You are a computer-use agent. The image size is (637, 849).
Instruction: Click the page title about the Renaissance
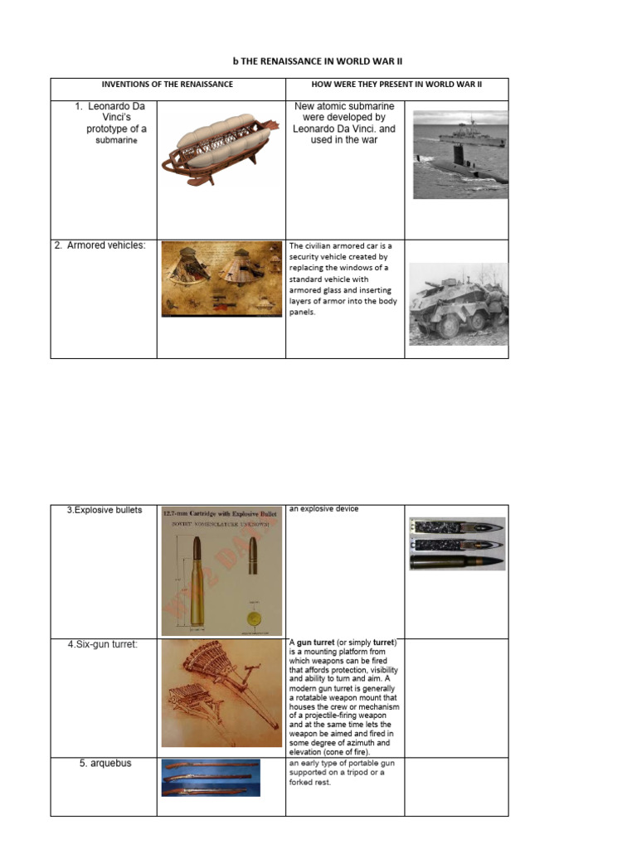click(318, 61)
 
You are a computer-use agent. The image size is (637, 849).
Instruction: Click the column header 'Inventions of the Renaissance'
click(167, 85)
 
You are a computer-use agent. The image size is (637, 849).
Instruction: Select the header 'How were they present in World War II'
click(396, 85)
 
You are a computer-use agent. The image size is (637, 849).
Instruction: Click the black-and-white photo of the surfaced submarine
click(460, 154)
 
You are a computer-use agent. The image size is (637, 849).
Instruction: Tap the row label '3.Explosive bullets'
click(105, 510)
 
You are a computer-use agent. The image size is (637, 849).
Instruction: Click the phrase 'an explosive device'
click(323, 509)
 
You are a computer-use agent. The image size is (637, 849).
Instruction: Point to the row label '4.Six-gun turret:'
click(104, 644)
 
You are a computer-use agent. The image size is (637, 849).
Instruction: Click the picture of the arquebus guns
click(211, 778)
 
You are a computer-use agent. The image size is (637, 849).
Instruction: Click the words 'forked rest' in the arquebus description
click(309, 782)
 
